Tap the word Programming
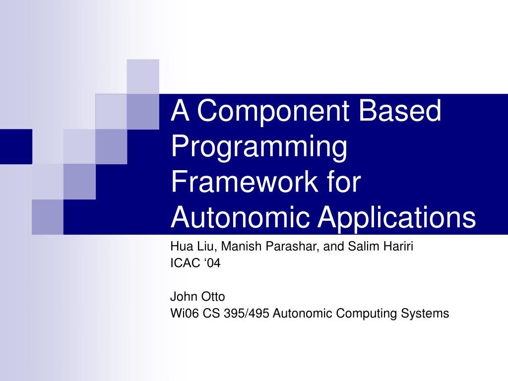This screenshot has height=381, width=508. click(258, 147)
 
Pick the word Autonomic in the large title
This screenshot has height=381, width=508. click(232, 218)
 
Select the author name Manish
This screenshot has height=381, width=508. click(241, 247)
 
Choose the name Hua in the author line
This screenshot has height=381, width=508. click(180, 247)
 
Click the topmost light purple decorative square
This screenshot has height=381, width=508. click(143, 76)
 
